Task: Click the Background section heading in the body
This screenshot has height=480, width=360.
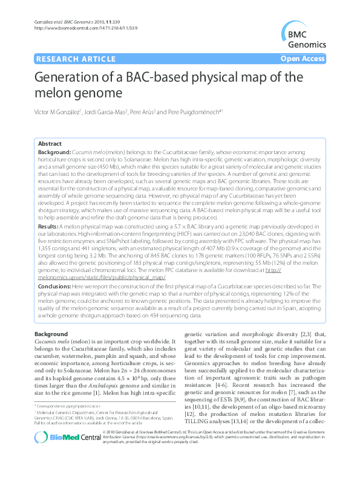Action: (51, 334)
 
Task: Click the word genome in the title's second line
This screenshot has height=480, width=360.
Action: (102, 94)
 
